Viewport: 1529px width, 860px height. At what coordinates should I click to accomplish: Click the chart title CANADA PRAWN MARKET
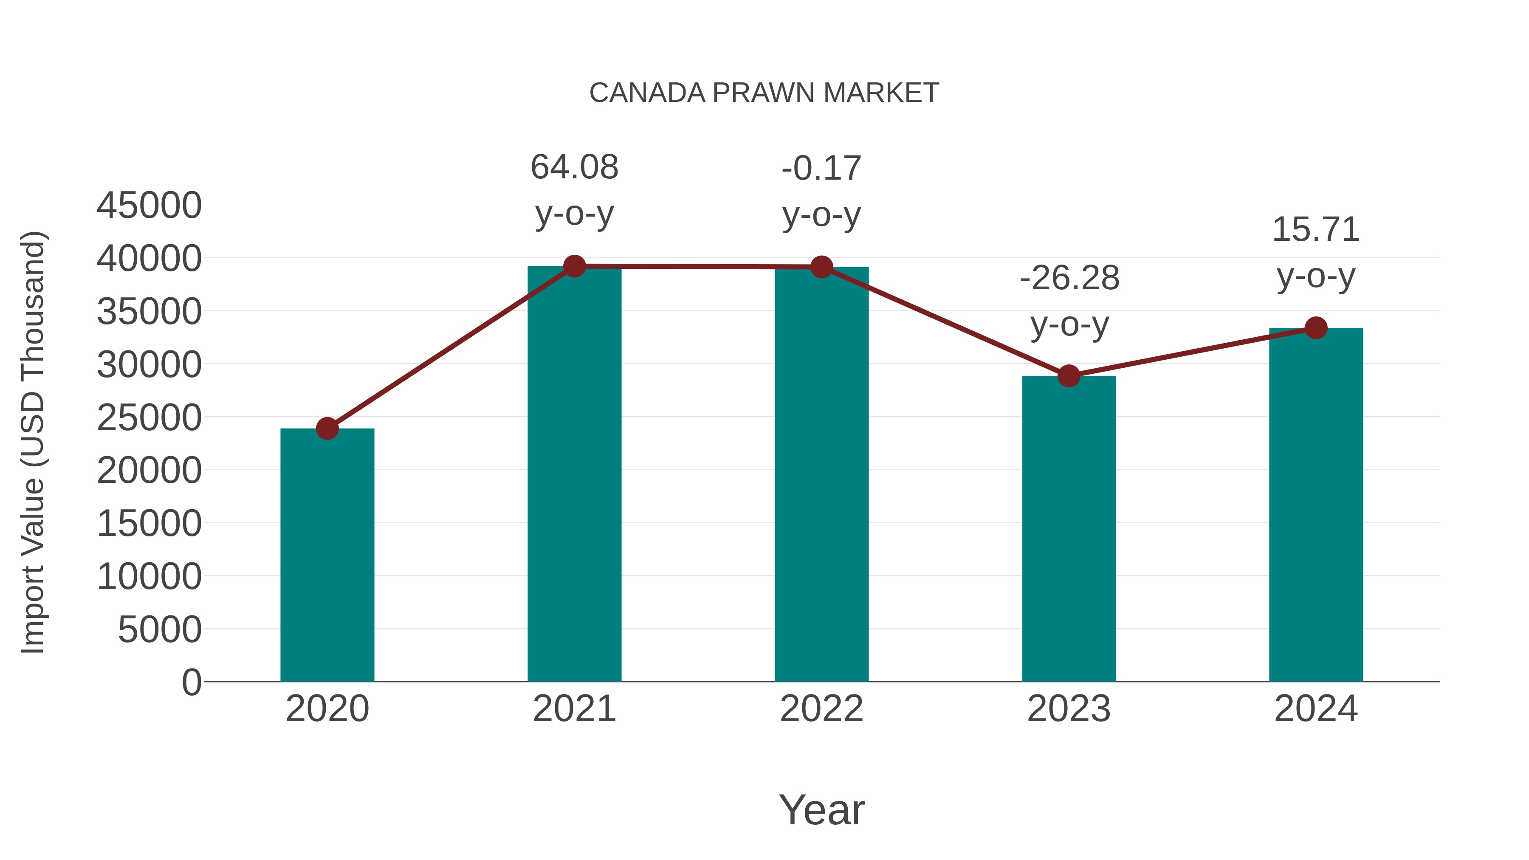tap(764, 93)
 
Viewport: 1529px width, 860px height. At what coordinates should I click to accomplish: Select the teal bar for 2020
tap(327, 555)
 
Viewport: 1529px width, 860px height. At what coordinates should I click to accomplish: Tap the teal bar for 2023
tap(1069, 528)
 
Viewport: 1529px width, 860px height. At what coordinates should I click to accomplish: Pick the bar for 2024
tap(1316, 505)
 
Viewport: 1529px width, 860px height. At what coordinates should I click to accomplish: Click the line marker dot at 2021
tap(575, 266)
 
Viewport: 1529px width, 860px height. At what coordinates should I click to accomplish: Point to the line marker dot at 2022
tap(821, 267)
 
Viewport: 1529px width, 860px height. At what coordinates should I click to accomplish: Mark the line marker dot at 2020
tap(327, 428)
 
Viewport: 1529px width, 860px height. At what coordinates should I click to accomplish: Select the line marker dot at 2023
tap(1069, 376)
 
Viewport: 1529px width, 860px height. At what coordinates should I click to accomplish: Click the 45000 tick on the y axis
tap(149, 206)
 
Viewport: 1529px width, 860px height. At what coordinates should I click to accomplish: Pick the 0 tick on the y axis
tap(192, 682)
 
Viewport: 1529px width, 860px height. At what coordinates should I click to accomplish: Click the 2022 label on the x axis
tap(821, 709)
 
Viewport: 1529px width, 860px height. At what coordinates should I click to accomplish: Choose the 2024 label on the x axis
tap(1316, 709)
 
